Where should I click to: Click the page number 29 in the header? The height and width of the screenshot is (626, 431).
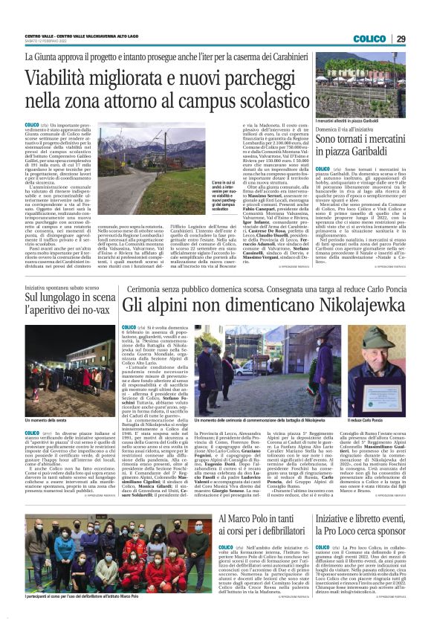click(x=401, y=39)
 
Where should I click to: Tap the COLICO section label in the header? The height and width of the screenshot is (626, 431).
click(x=369, y=39)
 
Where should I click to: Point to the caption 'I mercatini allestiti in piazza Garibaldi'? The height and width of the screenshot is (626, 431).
click(x=347, y=120)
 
